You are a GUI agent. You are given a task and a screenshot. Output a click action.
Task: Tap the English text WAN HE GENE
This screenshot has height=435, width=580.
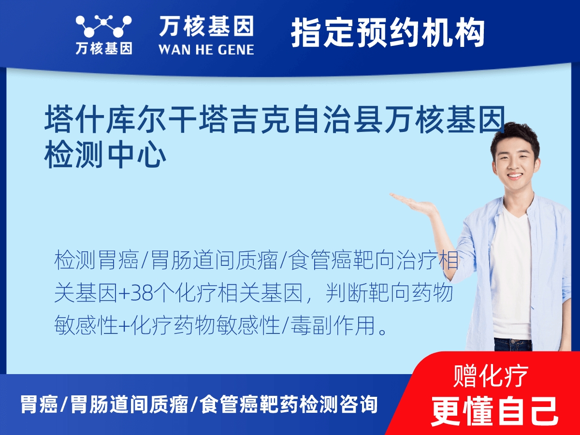[206, 49]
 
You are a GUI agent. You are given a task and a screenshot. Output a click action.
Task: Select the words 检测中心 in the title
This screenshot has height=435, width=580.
[105, 156]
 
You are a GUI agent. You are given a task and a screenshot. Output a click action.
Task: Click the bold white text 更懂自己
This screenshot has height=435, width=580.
[494, 411]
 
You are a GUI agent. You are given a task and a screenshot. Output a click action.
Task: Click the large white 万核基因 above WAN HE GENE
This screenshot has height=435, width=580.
[206, 26]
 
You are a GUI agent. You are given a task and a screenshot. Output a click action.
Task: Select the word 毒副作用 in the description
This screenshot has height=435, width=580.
[332, 327]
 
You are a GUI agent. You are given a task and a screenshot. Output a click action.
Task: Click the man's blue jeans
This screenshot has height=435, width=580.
[512, 344]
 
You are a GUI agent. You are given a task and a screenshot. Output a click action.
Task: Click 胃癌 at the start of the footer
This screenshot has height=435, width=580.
[39, 405]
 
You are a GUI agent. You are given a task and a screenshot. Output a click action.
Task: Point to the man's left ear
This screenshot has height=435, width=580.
[540, 162]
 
